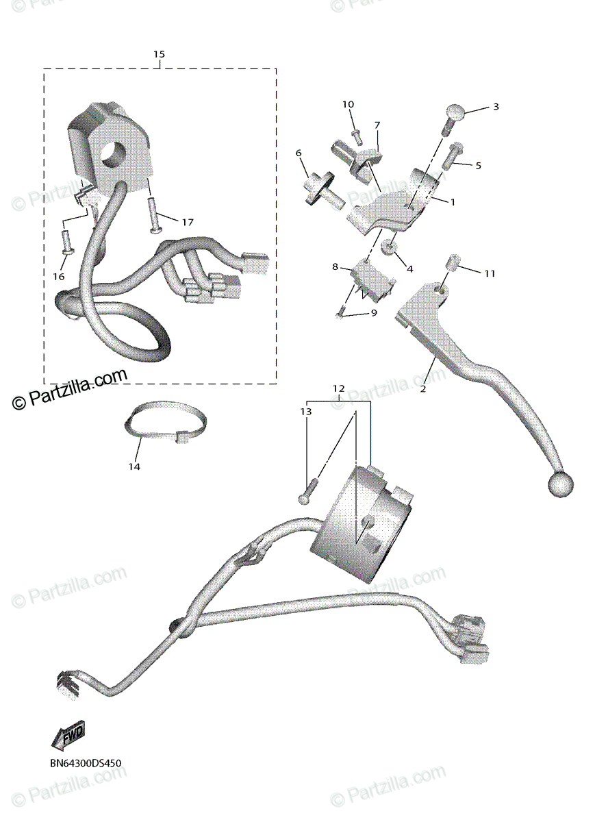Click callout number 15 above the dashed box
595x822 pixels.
[x=159, y=54]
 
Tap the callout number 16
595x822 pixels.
[x=58, y=276]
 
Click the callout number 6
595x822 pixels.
[x=299, y=153]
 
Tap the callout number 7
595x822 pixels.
[x=377, y=125]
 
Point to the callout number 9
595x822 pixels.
[x=374, y=313]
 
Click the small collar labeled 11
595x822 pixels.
[x=452, y=262]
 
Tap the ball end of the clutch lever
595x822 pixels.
[x=559, y=484]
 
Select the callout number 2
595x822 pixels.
[x=423, y=388]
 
